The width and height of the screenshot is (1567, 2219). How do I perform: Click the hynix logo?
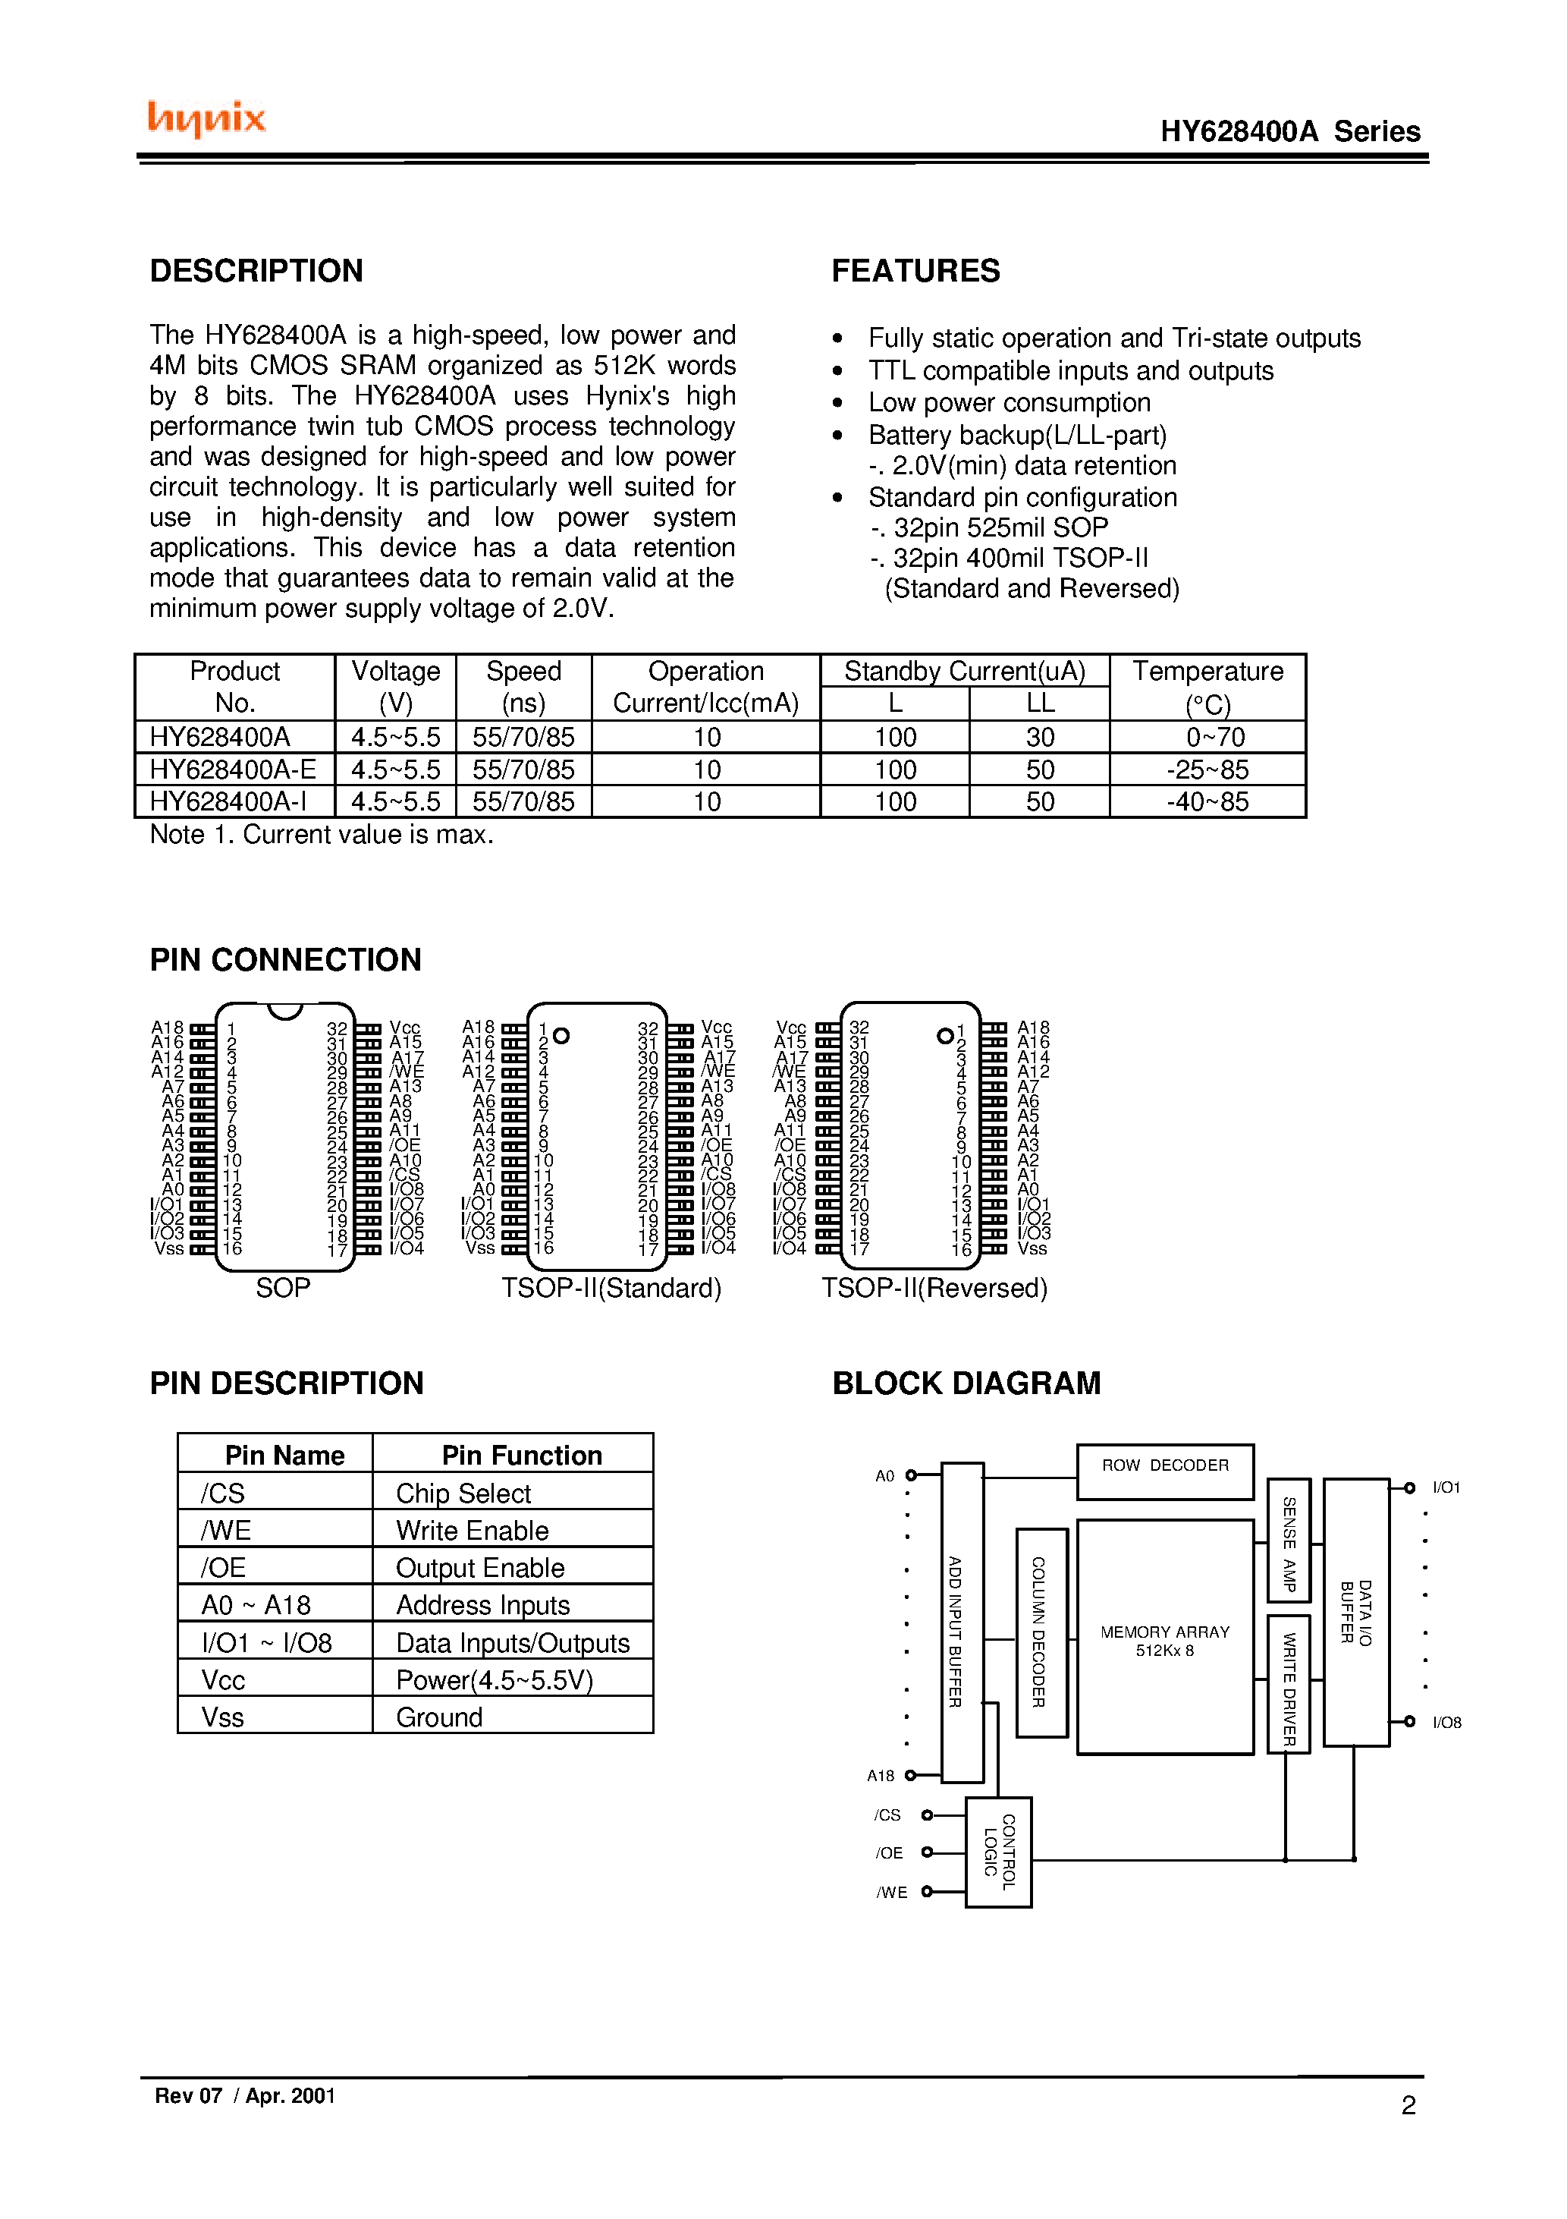click(x=206, y=118)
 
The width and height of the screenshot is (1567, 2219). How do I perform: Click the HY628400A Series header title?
click(x=1289, y=131)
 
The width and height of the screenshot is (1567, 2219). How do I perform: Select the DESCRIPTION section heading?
click(x=256, y=271)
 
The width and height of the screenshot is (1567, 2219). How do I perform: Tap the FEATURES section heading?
click(x=915, y=271)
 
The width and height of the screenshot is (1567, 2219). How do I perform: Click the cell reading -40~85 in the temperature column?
click(x=1207, y=801)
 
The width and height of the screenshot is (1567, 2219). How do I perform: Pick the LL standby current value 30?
click(x=1040, y=738)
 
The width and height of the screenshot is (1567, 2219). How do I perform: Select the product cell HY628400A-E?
click(x=233, y=770)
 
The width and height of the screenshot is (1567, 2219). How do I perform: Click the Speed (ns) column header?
click(x=523, y=686)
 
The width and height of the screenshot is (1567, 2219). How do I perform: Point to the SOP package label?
click(x=282, y=1287)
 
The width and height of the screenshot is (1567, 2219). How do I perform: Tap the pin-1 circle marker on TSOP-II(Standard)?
click(x=561, y=1035)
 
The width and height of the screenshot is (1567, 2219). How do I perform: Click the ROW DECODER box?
click(x=1164, y=1471)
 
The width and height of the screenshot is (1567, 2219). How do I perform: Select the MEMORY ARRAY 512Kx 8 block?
click(x=1164, y=1639)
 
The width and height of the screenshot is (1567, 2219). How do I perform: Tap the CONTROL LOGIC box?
click(x=998, y=1852)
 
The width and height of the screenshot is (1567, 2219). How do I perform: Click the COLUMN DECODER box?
click(x=1041, y=1632)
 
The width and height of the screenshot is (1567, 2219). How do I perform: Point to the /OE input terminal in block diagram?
click(x=927, y=1852)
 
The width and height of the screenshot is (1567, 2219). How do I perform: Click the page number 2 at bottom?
click(x=1408, y=2105)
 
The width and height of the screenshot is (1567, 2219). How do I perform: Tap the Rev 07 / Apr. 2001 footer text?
click(x=244, y=2095)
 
